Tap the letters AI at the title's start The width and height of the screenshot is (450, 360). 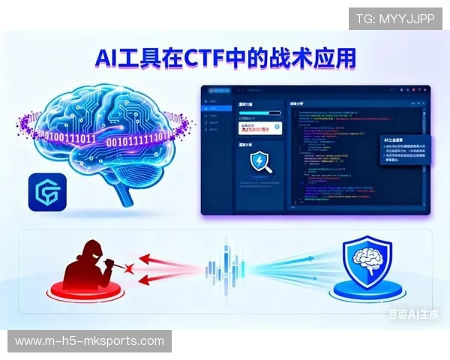click(109, 58)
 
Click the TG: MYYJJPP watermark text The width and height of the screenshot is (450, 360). click(395, 18)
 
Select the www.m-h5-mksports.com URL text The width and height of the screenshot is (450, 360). click(89, 341)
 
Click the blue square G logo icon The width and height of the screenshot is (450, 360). click(46, 192)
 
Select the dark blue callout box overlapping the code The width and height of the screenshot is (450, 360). click(406, 154)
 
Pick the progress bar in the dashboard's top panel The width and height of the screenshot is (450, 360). click(258, 113)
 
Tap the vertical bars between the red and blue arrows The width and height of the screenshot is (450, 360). click(225, 268)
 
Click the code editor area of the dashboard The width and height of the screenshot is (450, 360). click(330, 150)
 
